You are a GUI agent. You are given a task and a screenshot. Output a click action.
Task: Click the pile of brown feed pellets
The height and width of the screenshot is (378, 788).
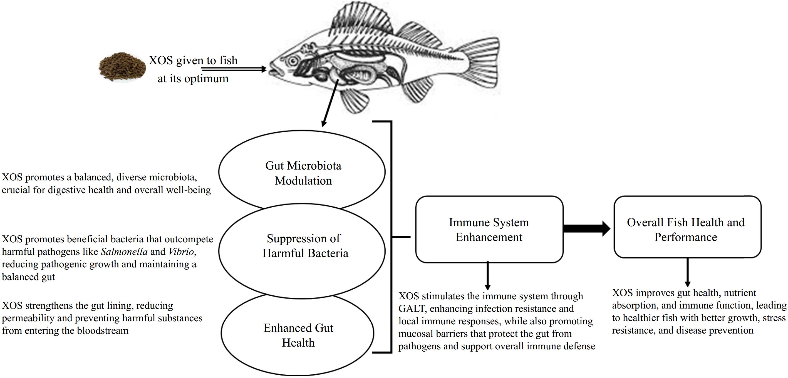point(122,67)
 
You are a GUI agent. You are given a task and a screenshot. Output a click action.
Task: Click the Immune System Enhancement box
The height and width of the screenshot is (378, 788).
point(489,229)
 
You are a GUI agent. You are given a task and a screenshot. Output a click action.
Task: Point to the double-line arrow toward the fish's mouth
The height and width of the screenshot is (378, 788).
point(234,69)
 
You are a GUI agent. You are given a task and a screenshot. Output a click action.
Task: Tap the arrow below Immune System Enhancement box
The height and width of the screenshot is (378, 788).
point(488,275)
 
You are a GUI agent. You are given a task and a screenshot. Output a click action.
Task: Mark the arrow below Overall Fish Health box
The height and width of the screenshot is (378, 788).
point(687,272)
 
